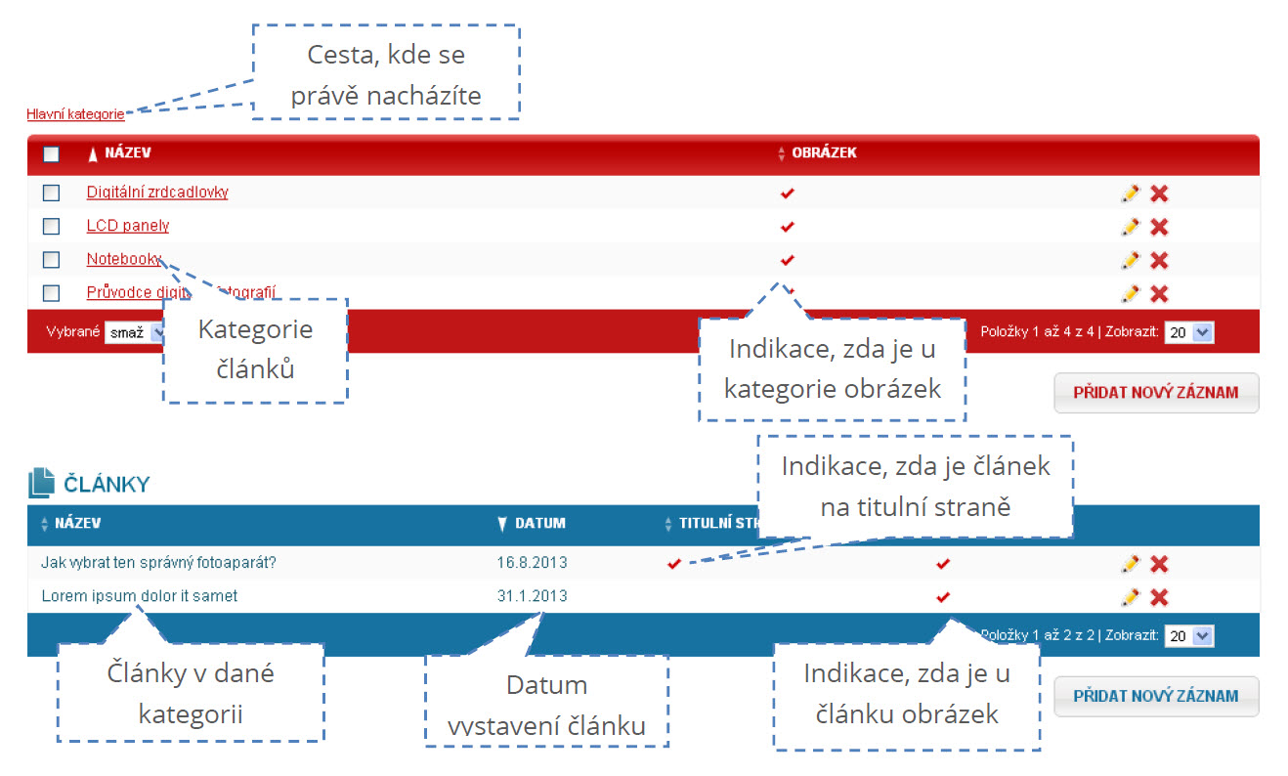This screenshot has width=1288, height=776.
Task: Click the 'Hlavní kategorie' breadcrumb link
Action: click(75, 114)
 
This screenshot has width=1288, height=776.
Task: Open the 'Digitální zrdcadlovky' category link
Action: click(156, 193)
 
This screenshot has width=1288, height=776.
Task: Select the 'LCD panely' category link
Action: click(127, 226)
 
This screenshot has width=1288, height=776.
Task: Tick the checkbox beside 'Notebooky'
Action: click(52, 260)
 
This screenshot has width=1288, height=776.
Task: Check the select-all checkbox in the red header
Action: click(52, 153)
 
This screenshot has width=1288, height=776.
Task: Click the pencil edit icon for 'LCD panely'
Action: click(1130, 227)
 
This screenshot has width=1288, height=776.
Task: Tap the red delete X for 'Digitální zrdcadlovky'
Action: click(1159, 194)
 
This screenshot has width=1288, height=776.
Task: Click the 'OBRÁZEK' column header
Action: click(824, 153)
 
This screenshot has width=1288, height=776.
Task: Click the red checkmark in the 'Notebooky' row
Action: click(788, 260)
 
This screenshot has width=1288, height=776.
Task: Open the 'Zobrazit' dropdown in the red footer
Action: click(1189, 332)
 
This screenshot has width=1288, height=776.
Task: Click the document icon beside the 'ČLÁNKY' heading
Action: click(41, 483)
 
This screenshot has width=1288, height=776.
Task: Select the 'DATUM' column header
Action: click(539, 523)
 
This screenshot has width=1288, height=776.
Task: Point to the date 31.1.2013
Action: click(532, 596)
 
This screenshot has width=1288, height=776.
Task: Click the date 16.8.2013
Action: click(532, 563)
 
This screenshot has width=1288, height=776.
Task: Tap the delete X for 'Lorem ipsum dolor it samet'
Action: click(1159, 597)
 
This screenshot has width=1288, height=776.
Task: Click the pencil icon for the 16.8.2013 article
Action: click(1130, 564)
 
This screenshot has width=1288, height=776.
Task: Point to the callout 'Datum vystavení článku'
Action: click(546, 705)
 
